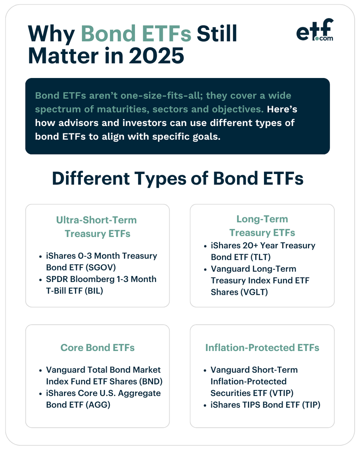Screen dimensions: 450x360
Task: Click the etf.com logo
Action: tap(315, 30)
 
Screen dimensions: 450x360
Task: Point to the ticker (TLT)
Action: tap(260, 257)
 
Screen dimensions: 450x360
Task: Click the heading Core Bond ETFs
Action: tap(97, 348)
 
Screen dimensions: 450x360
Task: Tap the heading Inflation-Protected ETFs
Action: tap(262, 348)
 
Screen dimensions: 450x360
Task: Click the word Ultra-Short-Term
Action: tap(96, 220)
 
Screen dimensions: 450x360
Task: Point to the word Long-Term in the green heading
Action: tap(262, 219)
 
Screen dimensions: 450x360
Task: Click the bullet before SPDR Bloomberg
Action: tap(40, 280)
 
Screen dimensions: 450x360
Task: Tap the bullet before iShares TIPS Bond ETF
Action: tap(205, 405)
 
